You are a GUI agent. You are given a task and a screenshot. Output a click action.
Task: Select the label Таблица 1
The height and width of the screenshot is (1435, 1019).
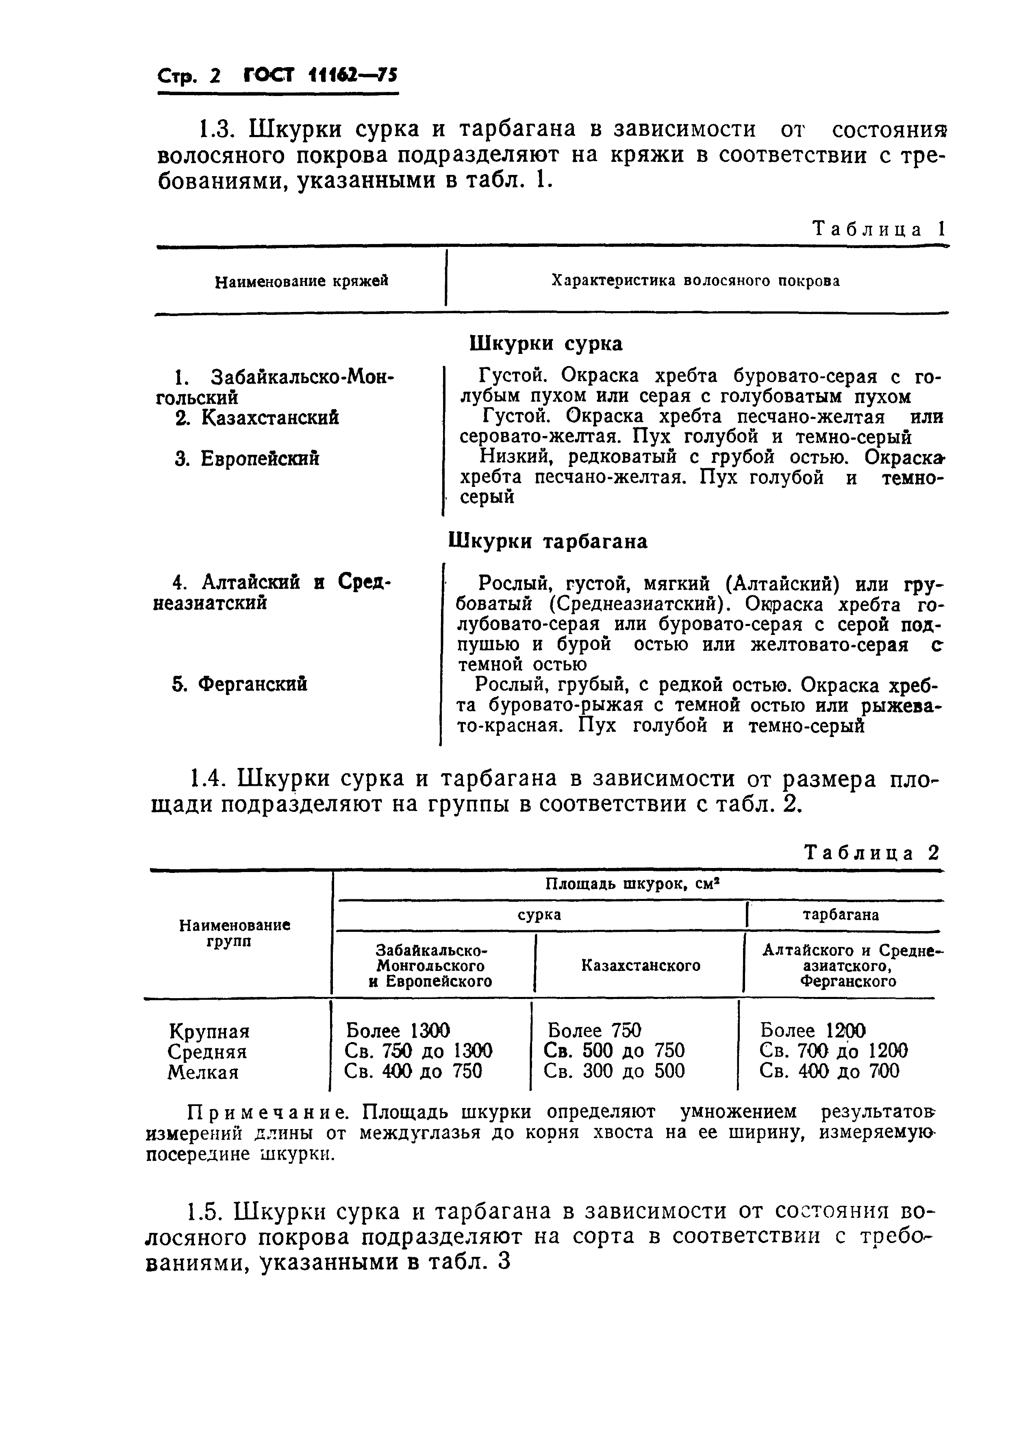pos(878,229)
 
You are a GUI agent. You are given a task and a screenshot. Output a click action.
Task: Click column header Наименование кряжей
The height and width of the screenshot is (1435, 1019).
pos(301,281)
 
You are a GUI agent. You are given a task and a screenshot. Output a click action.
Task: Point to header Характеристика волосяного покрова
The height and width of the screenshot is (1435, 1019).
pos(695,281)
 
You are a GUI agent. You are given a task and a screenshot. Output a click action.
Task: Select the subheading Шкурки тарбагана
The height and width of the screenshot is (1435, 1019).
pos(548,541)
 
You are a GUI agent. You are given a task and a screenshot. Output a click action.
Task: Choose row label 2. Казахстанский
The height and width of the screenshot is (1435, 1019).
pos(257,417)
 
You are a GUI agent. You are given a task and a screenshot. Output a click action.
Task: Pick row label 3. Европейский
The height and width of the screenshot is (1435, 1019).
pos(247,459)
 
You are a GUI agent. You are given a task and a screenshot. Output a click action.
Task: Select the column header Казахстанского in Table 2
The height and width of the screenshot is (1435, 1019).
pos(640,965)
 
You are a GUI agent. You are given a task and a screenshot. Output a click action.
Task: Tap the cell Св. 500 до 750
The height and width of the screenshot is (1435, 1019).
pos(614,1051)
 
